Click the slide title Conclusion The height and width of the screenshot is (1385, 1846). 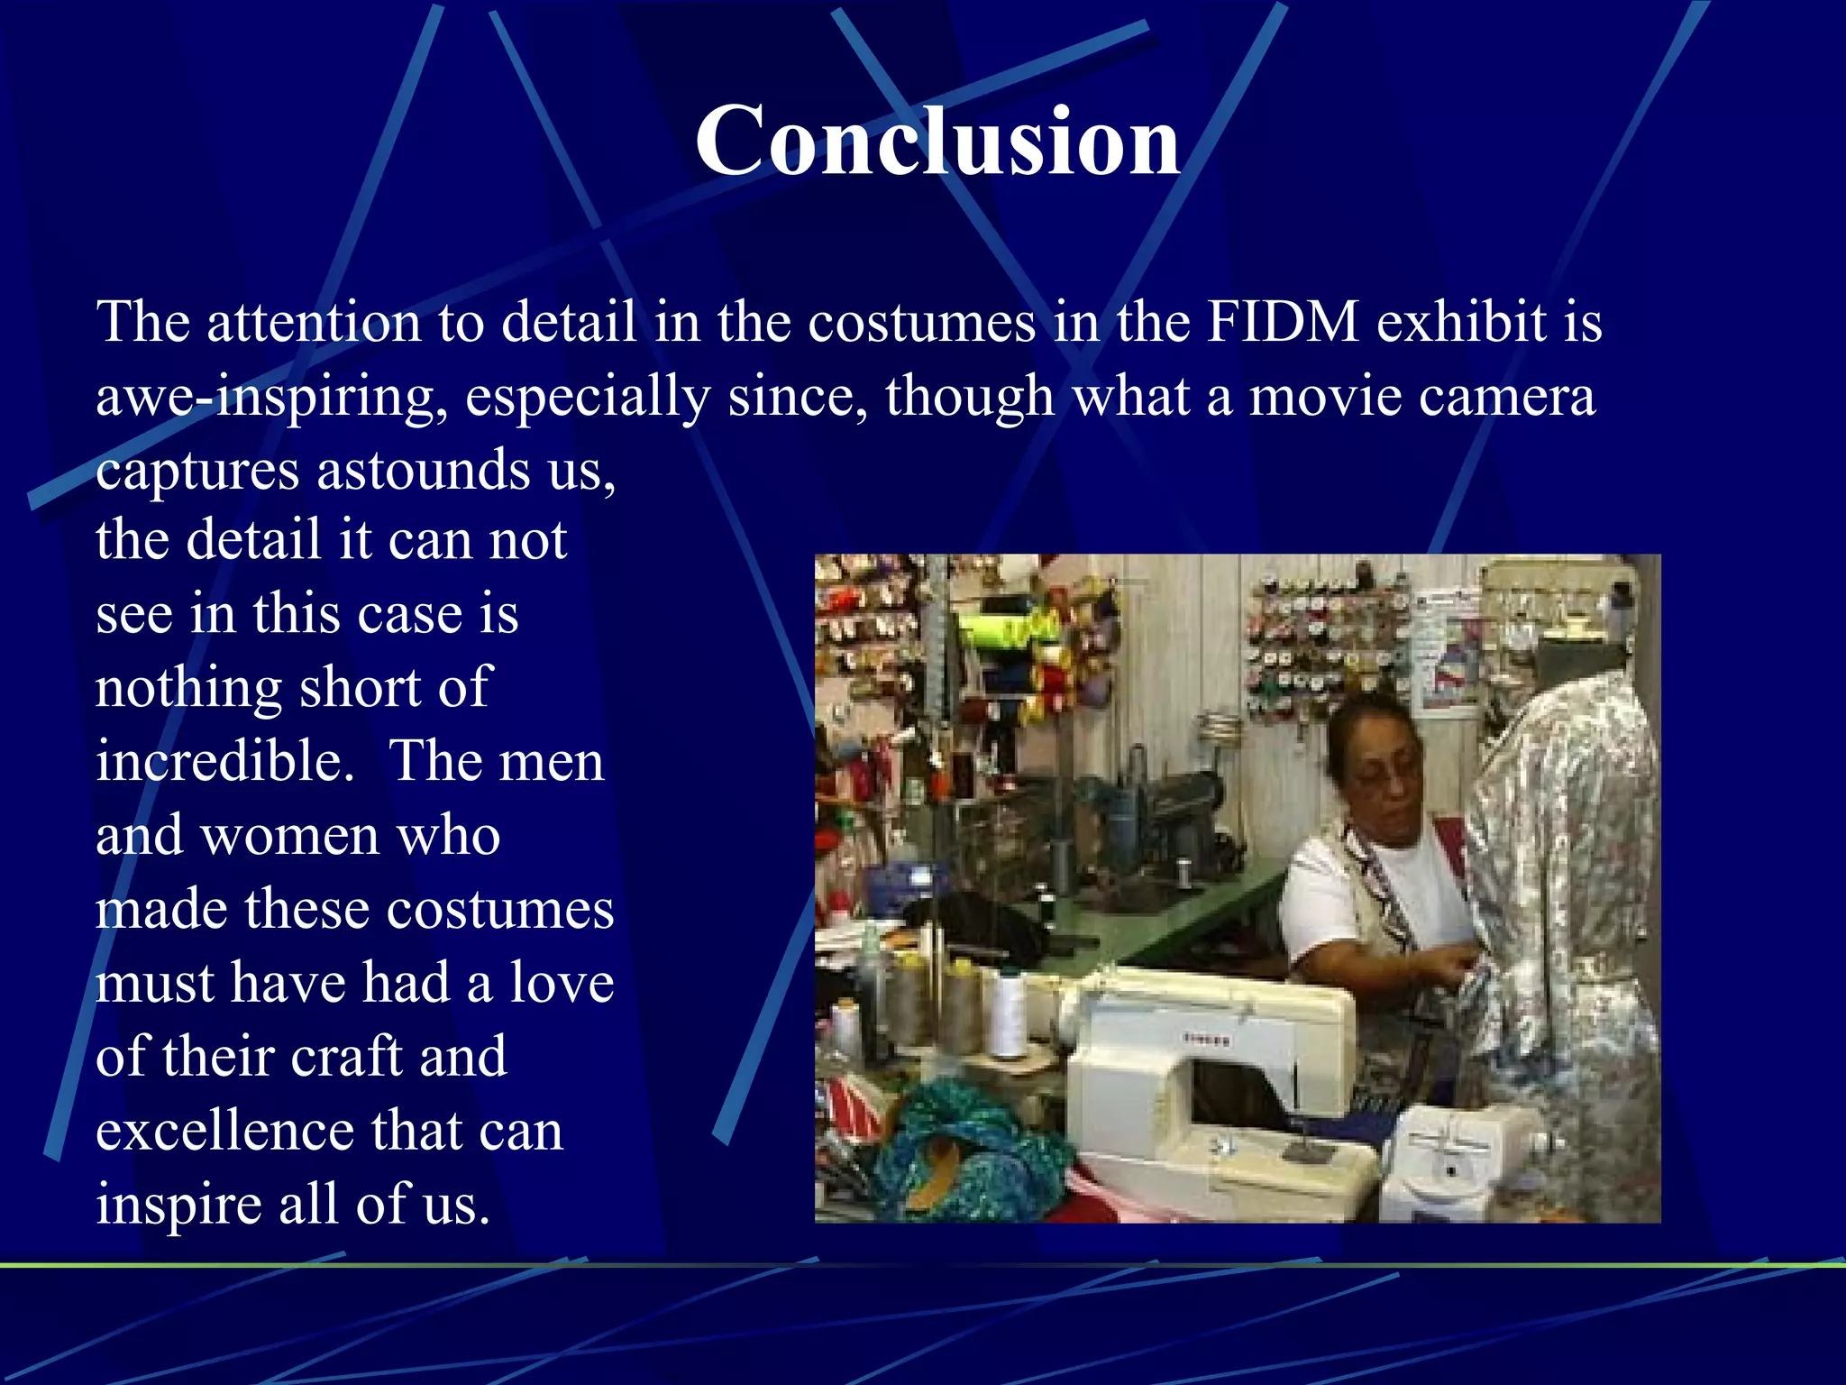pos(937,141)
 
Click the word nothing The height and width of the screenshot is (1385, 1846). pos(188,688)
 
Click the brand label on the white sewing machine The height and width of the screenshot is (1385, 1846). pos(1206,1040)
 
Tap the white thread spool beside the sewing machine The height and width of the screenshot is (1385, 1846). pos(1008,1014)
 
